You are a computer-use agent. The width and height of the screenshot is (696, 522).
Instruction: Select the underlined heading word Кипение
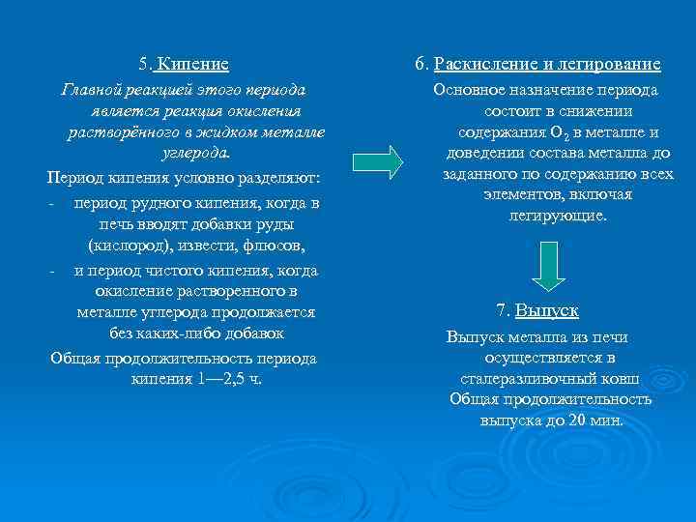pos(193,65)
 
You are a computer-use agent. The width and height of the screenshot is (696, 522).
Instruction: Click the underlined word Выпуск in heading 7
pos(546,310)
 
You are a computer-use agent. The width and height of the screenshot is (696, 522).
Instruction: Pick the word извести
pos(223,247)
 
